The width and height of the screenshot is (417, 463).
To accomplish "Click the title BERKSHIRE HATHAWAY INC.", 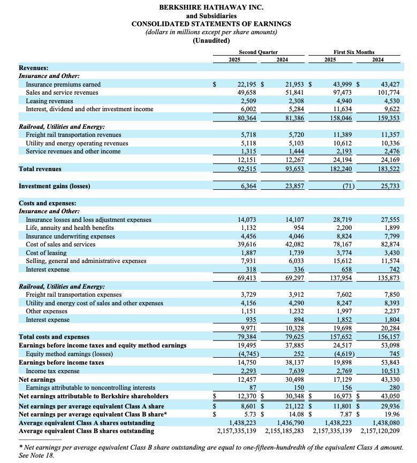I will point(211,7).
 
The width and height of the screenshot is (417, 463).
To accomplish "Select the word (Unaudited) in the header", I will point(211,41).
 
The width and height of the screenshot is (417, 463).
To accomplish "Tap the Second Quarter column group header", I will point(258,52).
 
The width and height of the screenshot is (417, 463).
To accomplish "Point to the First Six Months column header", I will point(354,52).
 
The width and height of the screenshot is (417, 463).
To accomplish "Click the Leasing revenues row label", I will point(49,101).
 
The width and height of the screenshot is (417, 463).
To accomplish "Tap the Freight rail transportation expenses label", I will point(73,295).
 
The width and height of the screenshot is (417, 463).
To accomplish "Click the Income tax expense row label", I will point(53,371).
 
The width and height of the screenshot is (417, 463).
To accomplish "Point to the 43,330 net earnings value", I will point(388,379).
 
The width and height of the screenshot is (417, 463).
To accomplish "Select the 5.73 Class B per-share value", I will point(251,413).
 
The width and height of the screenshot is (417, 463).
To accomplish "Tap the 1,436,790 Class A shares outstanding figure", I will point(291,422).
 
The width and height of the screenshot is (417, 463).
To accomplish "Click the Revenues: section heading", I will point(33,68).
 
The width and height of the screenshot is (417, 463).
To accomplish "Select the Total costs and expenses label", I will point(54,337).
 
